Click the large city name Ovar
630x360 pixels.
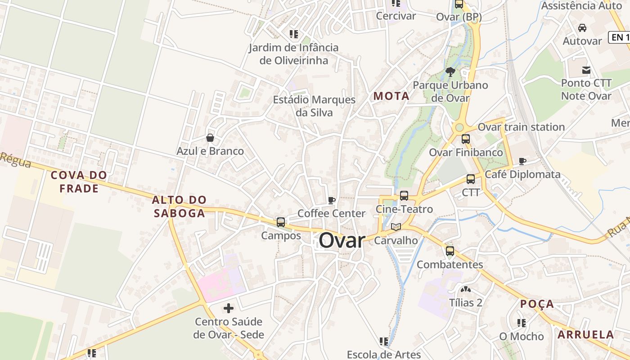click(x=342, y=240)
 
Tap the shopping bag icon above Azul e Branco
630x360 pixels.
click(x=210, y=138)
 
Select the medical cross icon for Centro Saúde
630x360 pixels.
click(x=229, y=308)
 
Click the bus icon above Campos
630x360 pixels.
click(x=281, y=222)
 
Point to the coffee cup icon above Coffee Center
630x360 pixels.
click(x=332, y=200)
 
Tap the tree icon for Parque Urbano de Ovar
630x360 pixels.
click(x=450, y=72)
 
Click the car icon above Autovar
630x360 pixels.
click(x=582, y=28)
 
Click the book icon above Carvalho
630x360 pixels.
click(x=396, y=227)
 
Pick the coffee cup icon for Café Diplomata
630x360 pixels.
click(x=522, y=161)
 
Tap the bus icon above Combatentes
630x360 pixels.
click(x=450, y=251)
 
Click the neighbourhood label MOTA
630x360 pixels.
click(x=391, y=96)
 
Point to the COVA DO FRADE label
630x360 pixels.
click(x=79, y=182)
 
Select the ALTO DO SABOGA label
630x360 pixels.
click(x=180, y=207)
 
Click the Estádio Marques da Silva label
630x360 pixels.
click(x=314, y=106)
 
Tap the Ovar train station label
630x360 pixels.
click(x=521, y=127)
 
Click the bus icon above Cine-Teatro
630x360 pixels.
click(x=404, y=196)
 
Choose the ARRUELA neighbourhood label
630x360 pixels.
click(x=586, y=334)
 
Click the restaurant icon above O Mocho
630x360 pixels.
click(x=522, y=323)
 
